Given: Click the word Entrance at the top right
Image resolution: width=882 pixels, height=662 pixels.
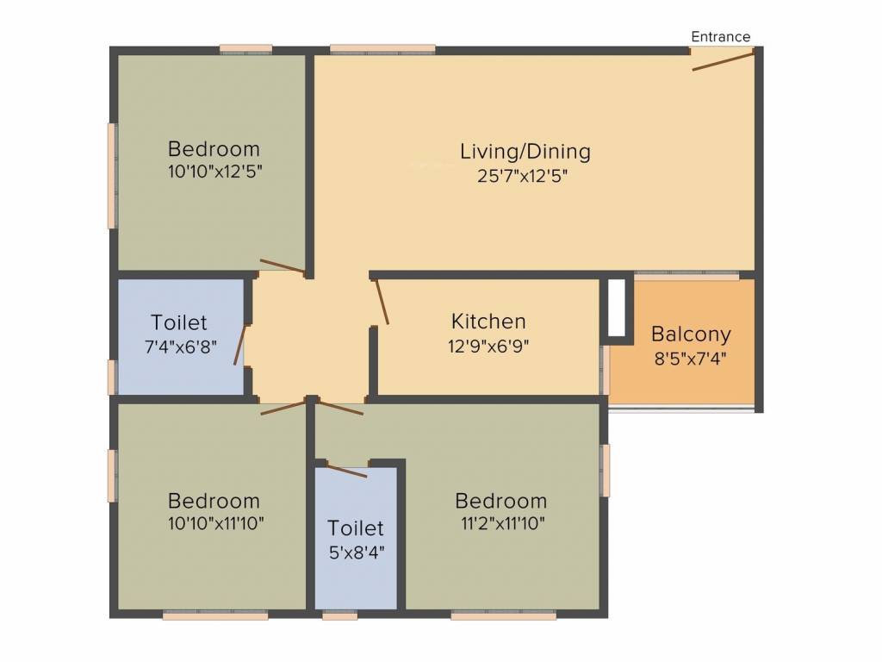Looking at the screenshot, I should [720, 36].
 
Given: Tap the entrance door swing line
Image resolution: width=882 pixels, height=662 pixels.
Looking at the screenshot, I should [723, 60].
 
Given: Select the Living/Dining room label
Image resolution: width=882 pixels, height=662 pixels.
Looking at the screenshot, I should [525, 152].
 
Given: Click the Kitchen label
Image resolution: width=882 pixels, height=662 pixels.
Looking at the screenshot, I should [488, 322].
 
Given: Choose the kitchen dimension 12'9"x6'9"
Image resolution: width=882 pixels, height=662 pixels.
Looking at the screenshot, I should [488, 346].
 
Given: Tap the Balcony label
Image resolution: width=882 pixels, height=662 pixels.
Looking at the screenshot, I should [691, 334].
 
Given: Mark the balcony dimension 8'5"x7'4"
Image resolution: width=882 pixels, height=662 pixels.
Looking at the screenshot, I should [691, 358].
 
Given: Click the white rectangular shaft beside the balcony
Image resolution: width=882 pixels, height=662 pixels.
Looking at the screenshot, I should [617, 308].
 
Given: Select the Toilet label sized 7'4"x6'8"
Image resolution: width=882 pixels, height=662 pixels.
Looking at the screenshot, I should [179, 322].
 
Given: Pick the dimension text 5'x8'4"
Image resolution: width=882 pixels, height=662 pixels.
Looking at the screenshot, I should [355, 552].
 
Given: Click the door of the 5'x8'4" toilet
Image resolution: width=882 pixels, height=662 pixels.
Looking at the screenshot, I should [347, 471].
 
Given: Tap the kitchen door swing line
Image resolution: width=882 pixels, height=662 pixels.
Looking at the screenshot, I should [381, 302].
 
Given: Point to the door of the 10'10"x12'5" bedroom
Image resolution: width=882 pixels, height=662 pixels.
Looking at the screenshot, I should [283, 266].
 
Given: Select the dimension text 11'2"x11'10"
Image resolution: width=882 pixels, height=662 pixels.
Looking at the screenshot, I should [500, 523].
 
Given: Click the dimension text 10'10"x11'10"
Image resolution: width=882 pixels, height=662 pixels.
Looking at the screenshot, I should [214, 523].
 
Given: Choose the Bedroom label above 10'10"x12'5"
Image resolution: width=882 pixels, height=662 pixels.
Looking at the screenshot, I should [214, 148].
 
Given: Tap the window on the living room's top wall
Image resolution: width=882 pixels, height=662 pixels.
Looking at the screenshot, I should [382, 49].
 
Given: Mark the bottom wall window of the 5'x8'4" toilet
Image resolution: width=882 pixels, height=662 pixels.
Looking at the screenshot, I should [339, 616].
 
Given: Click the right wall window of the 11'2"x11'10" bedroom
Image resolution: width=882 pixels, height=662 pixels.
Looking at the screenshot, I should [606, 470].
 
